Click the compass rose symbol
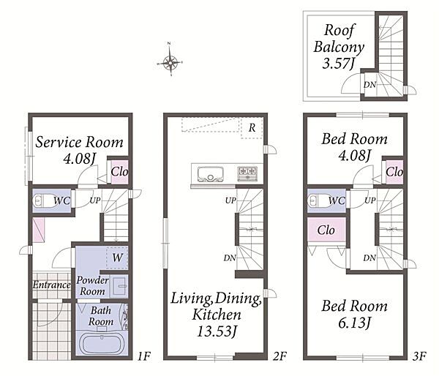[170, 62]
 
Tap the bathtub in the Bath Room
[102, 344]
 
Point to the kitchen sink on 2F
[211, 174]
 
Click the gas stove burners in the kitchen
[247, 173]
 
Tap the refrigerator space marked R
[252, 128]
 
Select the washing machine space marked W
[117, 257]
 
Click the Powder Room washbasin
[119, 285]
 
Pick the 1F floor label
[144, 356]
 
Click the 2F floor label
[280, 356]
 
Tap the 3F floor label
[419, 356]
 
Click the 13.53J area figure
[217, 332]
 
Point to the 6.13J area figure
[354, 323]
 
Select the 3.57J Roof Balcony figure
[339, 64]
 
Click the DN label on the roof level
[369, 85]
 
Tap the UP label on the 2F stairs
[230, 200]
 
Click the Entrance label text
[51, 285]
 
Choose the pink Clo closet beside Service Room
[120, 172]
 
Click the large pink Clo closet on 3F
[326, 230]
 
